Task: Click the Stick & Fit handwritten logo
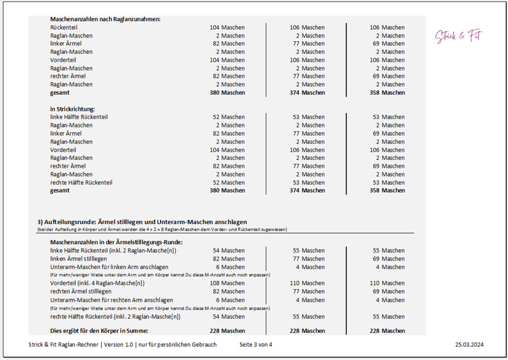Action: (x=458, y=36)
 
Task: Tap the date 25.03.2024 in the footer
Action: (x=469, y=345)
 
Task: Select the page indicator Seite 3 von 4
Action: (x=255, y=345)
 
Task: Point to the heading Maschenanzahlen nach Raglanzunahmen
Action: (x=105, y=19)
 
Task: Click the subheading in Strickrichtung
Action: (x=72, y=109)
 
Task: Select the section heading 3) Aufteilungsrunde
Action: (x=142, y=222)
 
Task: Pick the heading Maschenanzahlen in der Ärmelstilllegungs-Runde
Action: (x=116, y=242)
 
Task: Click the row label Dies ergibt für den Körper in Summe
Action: (x=99, y=330)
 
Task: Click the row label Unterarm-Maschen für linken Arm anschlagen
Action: (x=109, y=267)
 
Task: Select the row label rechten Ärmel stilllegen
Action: (x=81, y=291)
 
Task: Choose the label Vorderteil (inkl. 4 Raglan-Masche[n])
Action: (x=97, y=283)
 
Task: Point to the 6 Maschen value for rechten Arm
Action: (x=230, y=300)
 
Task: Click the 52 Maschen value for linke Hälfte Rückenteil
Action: (x=228, y=117)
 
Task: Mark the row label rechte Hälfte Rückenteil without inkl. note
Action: (x=81, y=182)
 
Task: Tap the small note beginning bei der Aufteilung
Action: (x=162, y=230)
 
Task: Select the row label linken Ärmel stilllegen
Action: (x=78, y=259)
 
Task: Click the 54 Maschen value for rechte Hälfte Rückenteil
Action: (x=228, y=317)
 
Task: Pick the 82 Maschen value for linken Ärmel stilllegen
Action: (x=228, y=259)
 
